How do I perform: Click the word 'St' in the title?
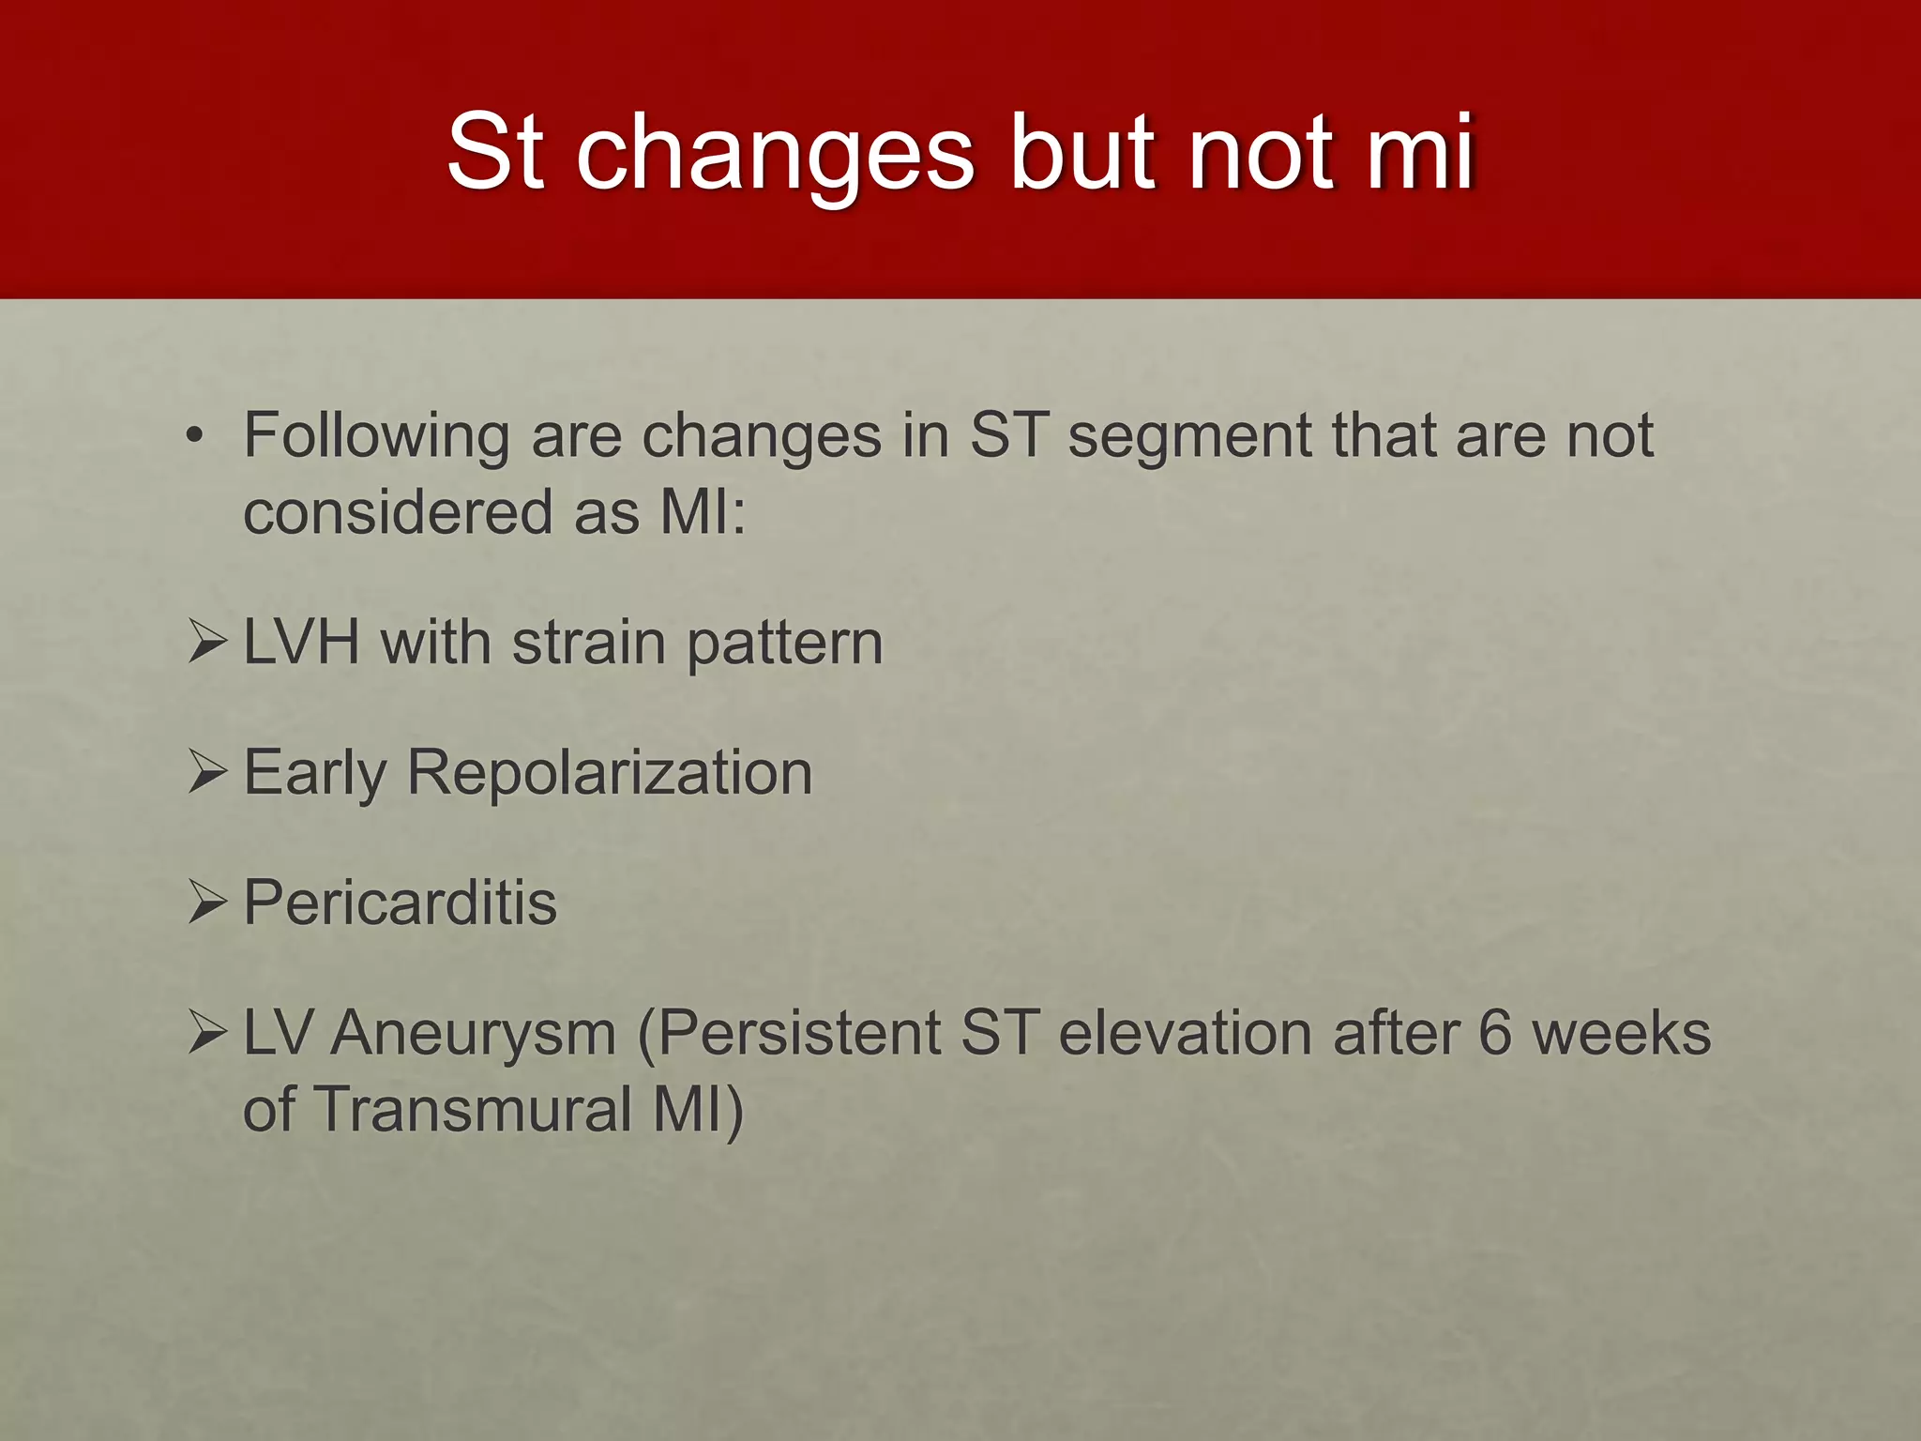494,152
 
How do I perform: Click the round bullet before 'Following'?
194,436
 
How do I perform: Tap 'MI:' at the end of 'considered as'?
703,513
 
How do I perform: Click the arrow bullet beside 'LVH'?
207,643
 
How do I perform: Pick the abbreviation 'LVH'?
301,644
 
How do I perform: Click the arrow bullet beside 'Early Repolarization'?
207,772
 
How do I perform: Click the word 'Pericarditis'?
401,903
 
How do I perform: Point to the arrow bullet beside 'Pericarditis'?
207,902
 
